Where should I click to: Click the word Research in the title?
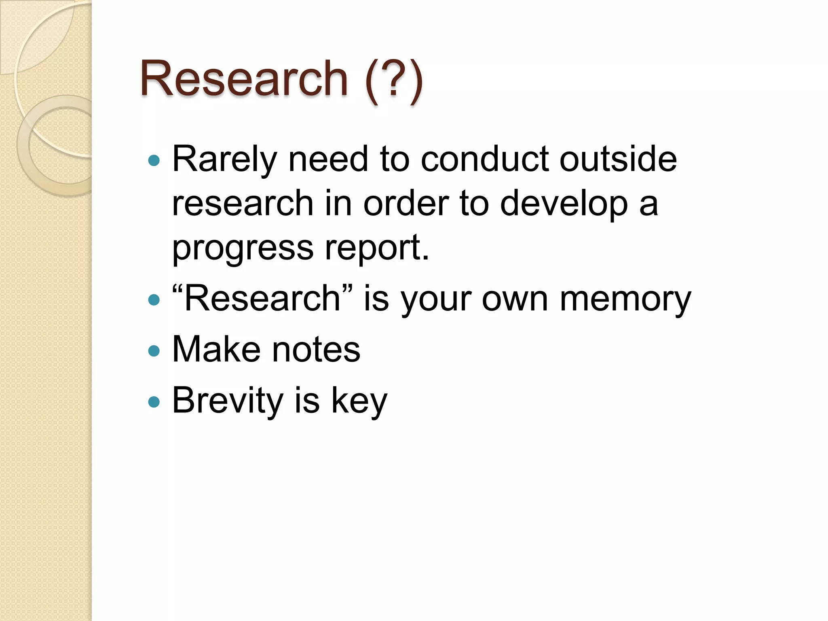click(244, 78)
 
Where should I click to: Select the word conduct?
click(484, 159)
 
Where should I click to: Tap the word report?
click(376, 248)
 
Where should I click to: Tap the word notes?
click(316, 350)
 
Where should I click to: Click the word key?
click(359, 401)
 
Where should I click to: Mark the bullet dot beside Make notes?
click(154, 351)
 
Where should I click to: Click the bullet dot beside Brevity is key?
click(154, 402)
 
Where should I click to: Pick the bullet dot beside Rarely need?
click(154, 161)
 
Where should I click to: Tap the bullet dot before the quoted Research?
click(154, 300)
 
